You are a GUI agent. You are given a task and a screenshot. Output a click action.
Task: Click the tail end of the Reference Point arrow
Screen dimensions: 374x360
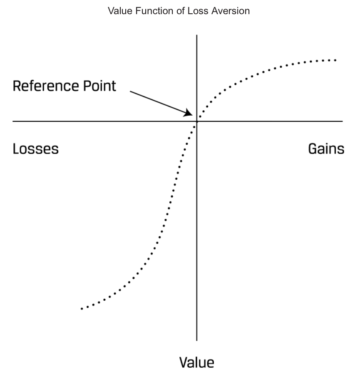pos(131,92)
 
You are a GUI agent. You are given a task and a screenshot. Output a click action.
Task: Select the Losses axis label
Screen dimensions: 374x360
pos(35,149)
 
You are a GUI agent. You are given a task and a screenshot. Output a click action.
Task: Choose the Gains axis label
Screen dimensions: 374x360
pos(326,149)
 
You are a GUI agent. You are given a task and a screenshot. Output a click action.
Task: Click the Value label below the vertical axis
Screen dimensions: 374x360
pos(197,362)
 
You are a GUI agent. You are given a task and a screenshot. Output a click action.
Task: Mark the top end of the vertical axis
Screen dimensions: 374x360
pos(197,36)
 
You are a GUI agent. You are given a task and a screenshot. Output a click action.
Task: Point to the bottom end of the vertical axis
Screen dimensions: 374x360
pos(197,340)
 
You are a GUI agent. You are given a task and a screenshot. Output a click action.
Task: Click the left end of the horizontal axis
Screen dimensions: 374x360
pos(13,121)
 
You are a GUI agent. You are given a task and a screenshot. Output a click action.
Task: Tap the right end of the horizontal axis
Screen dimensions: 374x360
pos(342,121)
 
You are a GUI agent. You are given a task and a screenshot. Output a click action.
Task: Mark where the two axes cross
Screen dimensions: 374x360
pos(197,121)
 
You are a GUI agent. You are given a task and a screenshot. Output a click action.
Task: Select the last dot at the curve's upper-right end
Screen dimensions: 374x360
pos(335,60)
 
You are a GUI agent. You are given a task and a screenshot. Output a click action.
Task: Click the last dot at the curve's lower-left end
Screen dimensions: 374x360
pos(82,309)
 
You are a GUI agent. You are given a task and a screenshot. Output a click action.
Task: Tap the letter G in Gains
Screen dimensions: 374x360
pos(313,149)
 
